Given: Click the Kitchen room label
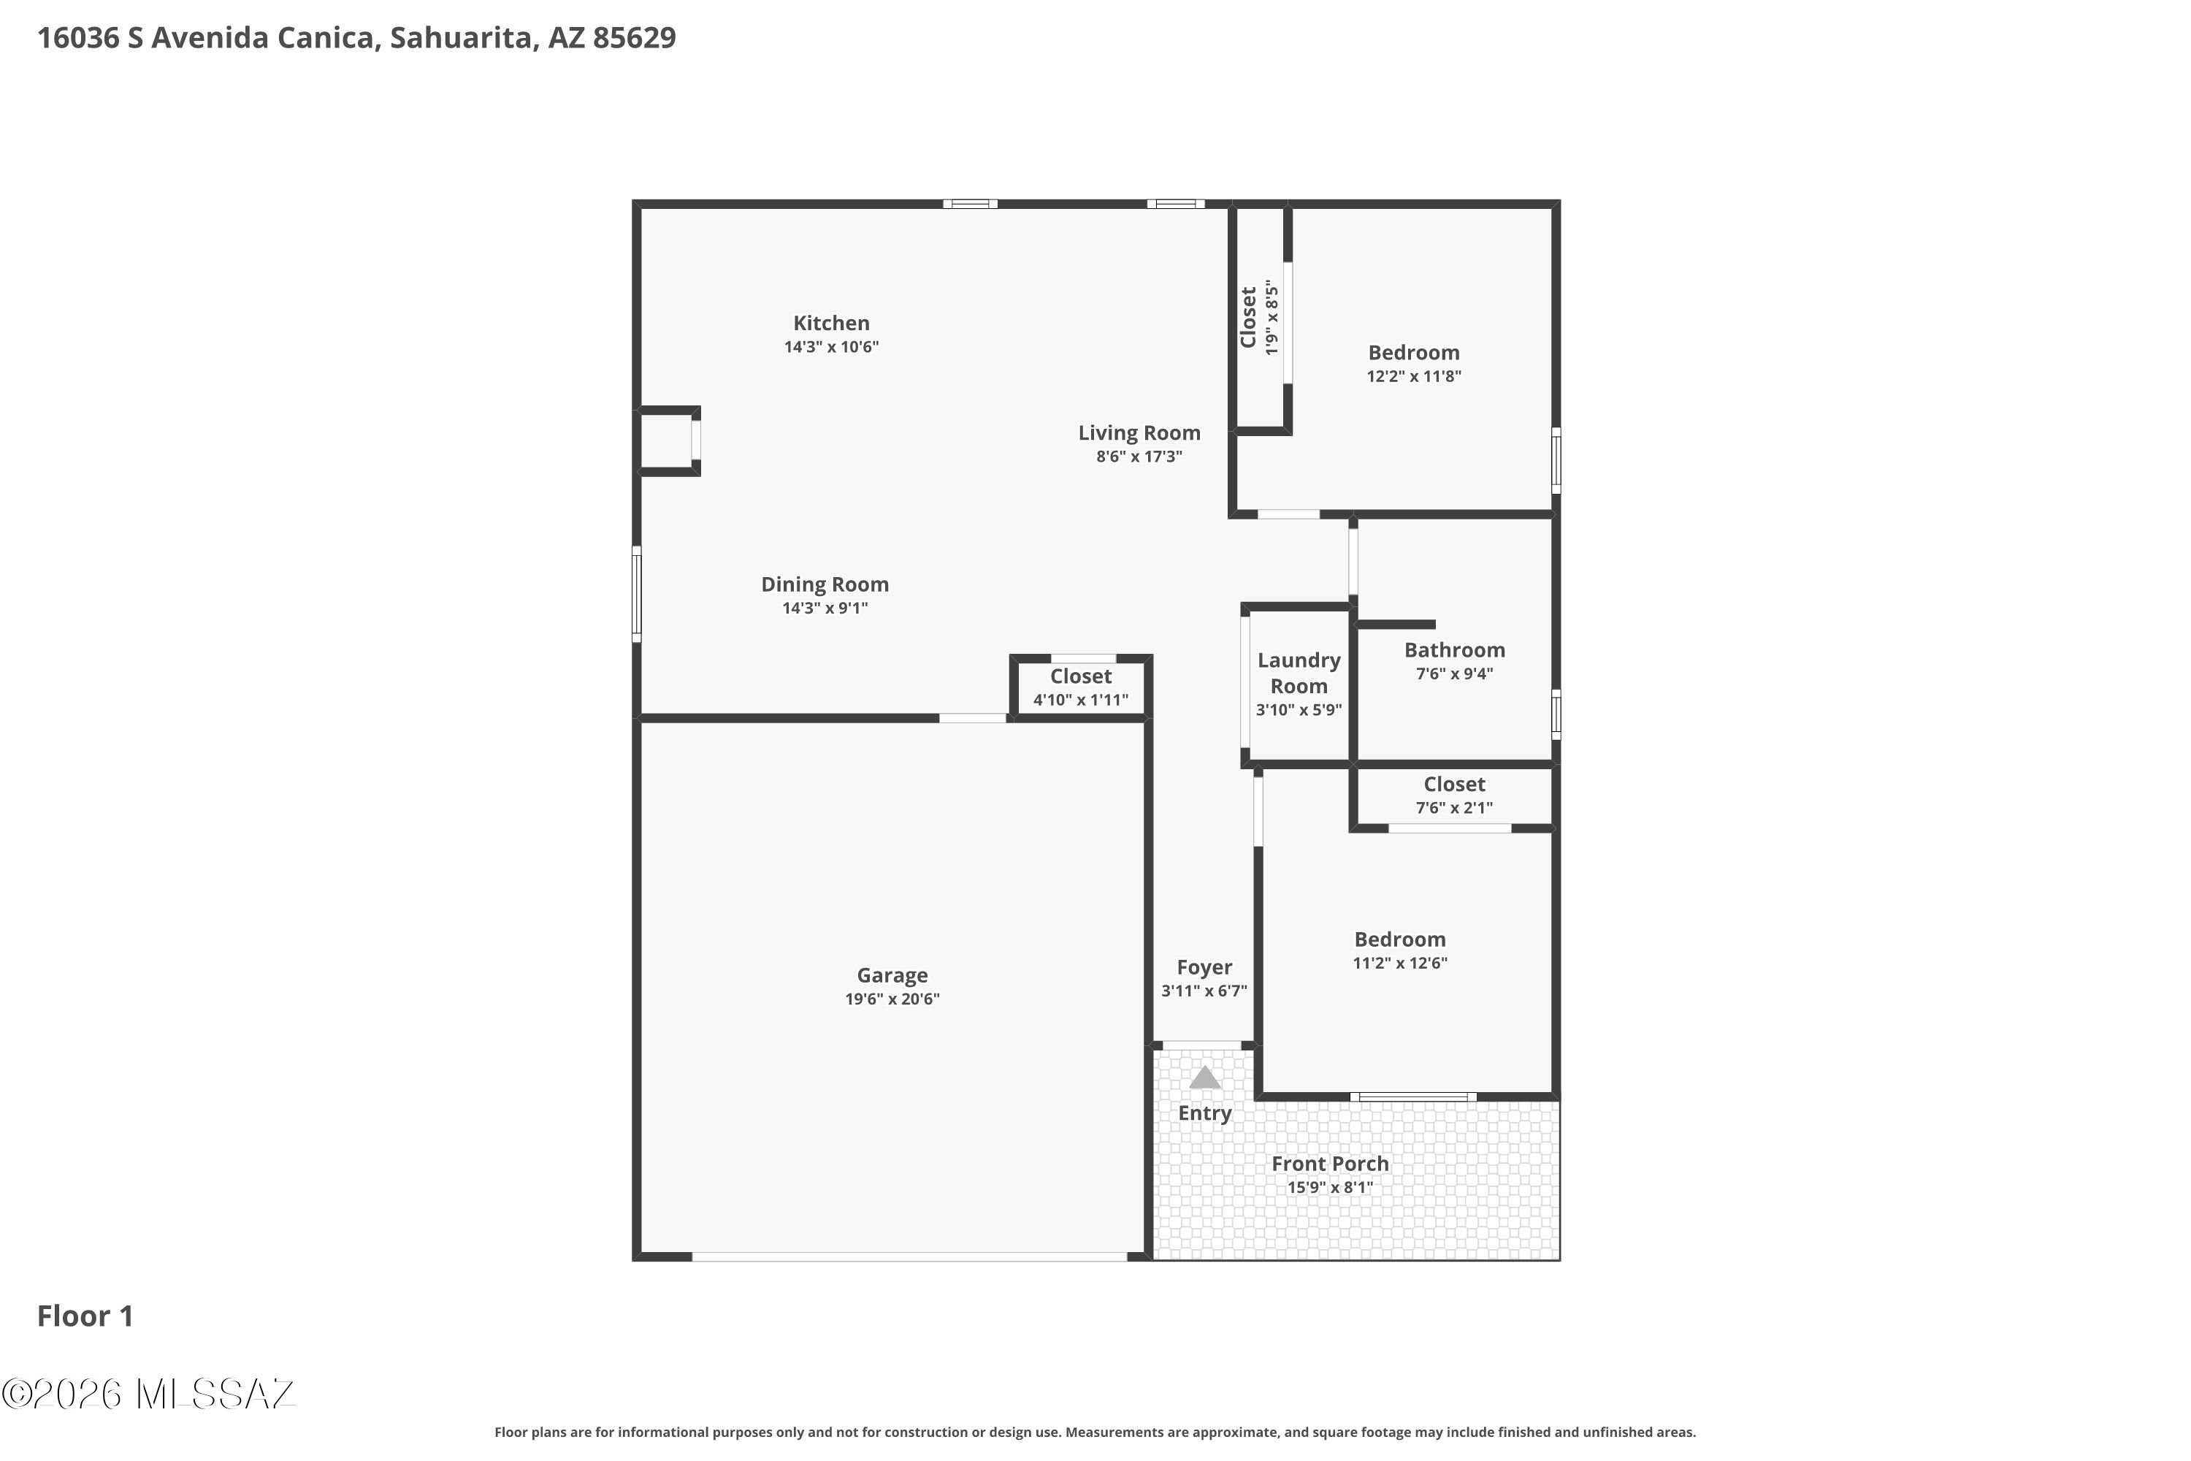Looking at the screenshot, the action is tap(831, 324).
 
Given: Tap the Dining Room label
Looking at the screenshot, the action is tap(825, 584).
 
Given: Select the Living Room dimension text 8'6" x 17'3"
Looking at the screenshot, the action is tap(1139, 457).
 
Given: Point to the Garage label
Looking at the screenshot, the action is tap(892, 975).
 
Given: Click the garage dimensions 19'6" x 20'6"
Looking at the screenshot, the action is tap(892, 999).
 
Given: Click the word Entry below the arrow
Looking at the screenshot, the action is tap(1204, 1113).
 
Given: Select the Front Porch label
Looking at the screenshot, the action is tap(1329, 1164).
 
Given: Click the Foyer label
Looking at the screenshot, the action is tap(1204, 968).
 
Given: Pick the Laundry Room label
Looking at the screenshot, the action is tap(1299, 673).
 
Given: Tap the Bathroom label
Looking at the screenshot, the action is tap(1454, 650).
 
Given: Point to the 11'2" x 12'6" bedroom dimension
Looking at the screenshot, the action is tap(1400, 964).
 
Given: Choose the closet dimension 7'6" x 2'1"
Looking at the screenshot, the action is tap(1454, 808).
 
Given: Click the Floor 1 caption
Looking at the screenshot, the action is tap(85, 1316).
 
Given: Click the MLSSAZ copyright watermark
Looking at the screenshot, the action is tap(148, 1394).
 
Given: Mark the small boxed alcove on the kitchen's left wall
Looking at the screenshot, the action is tap(668, 440).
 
